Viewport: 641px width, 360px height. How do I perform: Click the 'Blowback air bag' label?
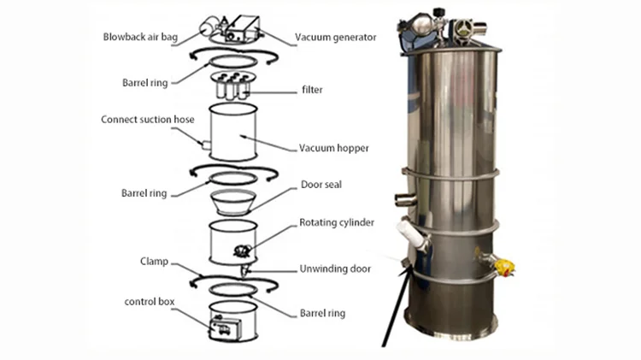click(x=141, y=38)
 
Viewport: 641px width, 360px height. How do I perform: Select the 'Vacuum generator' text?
click(x=335, y=38)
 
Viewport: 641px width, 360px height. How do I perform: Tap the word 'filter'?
click(x=312, y=88)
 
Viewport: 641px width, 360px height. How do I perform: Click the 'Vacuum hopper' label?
click(x=333, y=148)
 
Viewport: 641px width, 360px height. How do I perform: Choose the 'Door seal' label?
click(x=321, y=184)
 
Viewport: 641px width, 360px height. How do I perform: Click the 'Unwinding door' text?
click(x=335, y=269)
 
